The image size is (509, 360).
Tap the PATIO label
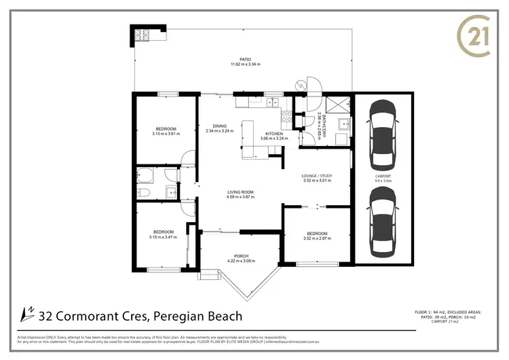(x=236, y=59)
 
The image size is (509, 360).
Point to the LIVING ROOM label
(x=240, y=192)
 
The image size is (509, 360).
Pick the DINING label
(x=220, y=126)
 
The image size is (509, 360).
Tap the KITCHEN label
(x=274, y=133)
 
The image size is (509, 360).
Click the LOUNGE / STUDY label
(x=316, y=176)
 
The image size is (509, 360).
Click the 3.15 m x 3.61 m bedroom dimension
(x=166, y=134)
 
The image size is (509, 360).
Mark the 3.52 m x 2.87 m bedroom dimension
(x=317, y=238)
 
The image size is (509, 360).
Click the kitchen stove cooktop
(x=286, y=116)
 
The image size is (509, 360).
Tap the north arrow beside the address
(x=29, y=314)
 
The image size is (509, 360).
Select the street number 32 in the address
(x=47, y=316)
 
